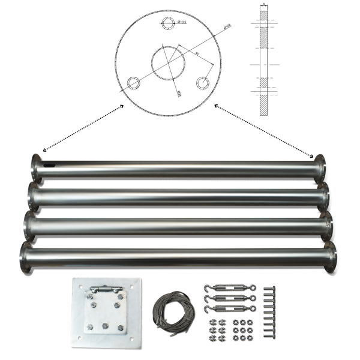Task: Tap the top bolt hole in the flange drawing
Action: tap(170, 23)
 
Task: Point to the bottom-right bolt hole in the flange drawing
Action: tap(205, 82)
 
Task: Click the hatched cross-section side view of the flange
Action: tap(263, 60)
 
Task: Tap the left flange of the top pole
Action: tap(36, 167)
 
